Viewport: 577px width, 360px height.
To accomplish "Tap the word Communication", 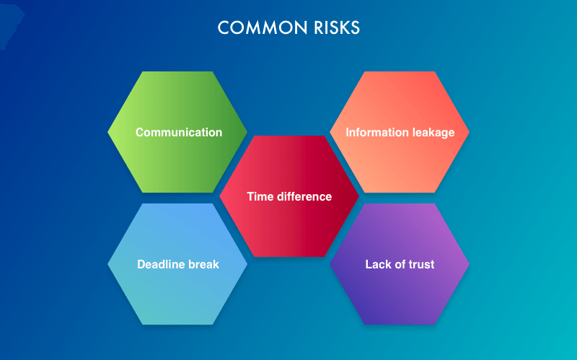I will pyautogui.click(x=179, y=133).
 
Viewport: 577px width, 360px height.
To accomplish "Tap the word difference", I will pyautogui.click(x=304, y=196).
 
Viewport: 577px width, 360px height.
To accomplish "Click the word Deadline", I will pyautogui.click(x=161, y=264).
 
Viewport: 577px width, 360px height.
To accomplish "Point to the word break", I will pyautogui.click(x=204, y=264).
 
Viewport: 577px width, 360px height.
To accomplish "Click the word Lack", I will pyautogui.click(x=377, y=264).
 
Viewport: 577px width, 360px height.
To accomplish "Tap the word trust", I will pyautogui.click(x=421, y=264).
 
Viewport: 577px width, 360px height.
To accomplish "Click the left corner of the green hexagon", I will pyautogui.click(x=109, y=132).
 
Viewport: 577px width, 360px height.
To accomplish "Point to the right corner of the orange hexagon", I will pyautogui.click(x=468, y=132).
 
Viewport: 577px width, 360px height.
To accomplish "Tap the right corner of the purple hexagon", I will pyautogui.click(x=468, y=264).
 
